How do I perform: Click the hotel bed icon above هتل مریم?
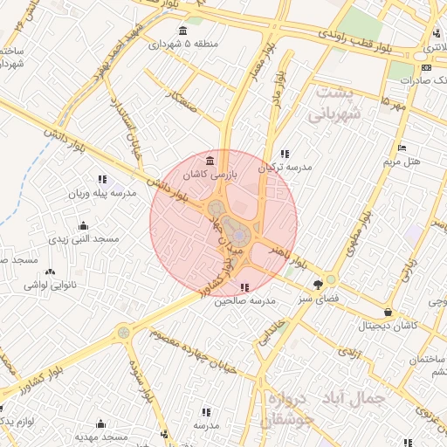click(402, 148)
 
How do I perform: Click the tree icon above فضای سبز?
click(318, 284)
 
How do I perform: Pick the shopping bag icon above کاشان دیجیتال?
click(388, 312)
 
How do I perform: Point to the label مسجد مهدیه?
click(101, 436)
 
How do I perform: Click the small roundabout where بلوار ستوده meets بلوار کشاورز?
click(123, 332)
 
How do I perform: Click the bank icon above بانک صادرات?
click(425, 67)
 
